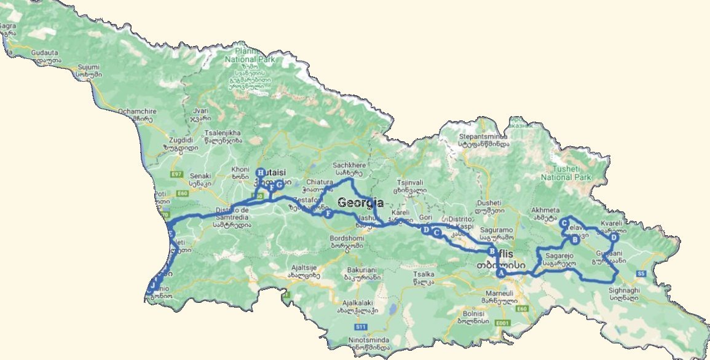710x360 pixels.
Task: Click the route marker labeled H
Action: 261,173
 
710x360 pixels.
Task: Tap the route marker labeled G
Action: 279,184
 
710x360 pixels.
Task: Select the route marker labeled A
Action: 501,273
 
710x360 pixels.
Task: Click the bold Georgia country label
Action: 360,203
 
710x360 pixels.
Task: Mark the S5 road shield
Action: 641,273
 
